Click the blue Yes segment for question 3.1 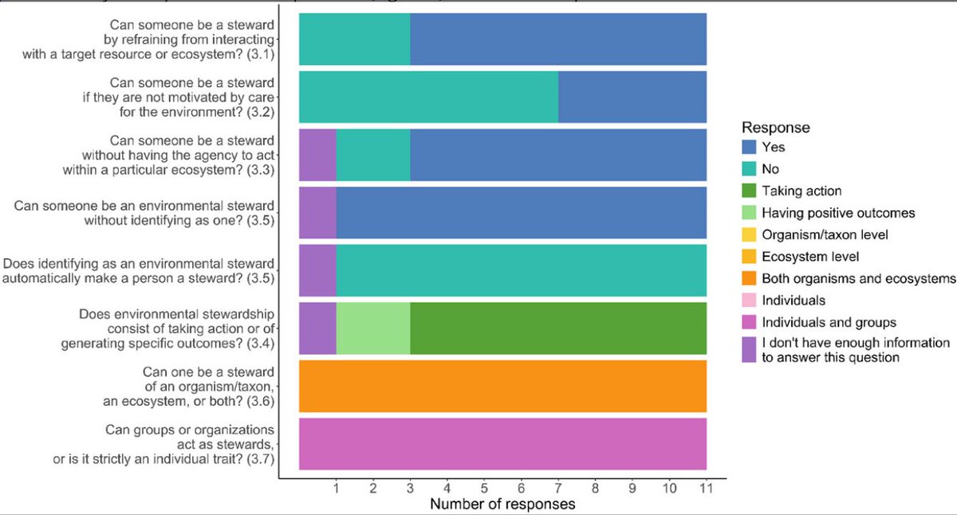pos(558,39)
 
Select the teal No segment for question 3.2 pos(428,96)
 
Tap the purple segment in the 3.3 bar pos(317,155)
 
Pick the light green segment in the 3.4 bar pos(372,328)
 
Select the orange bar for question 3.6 pos(502,386)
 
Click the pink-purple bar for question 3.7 pos(502,444)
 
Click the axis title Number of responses pos(502,505)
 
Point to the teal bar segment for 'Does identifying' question pos(518,270)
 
